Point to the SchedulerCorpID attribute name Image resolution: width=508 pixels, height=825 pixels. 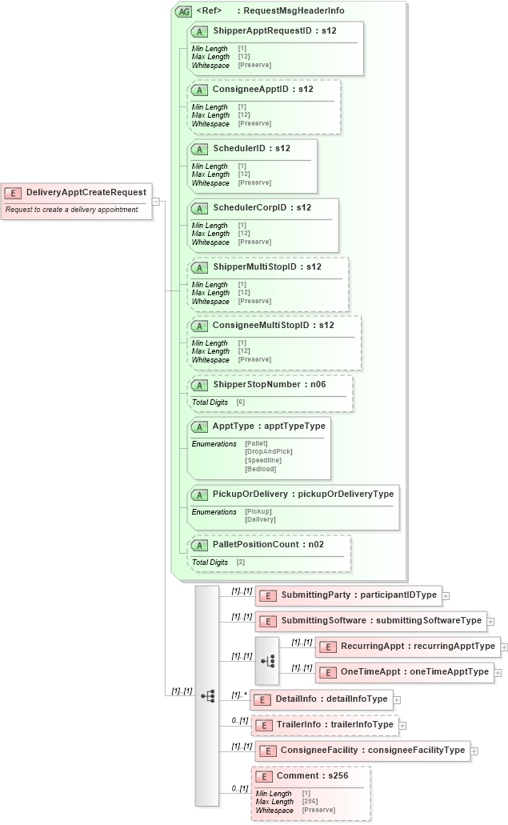pyautogui.click(x=250, y=207)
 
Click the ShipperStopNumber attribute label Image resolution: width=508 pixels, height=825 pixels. pyautogui.click(x=256, y=384)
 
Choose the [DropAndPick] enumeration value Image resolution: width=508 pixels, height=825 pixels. pyautogui.click(x=265, y=451)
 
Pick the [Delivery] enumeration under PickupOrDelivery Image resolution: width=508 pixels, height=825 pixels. pyautogui.click(x=260, y=519)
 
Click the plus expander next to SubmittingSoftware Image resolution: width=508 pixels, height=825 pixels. pyautogui.click(x=490, y=621)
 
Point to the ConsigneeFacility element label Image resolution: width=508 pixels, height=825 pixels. pyautogui.click(x=372, y=751)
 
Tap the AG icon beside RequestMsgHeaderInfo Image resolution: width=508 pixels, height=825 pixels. pyautogui.click(x=183, y=11)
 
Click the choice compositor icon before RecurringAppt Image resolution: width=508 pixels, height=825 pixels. pyautogui.click(x=267, y=660)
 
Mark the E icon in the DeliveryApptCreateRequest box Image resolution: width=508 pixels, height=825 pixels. pyautogui.click(x=14, y=193)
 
